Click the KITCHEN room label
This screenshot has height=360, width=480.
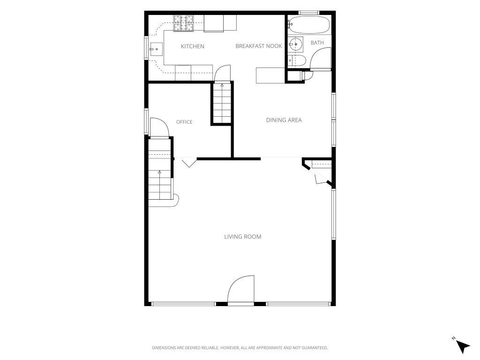192,46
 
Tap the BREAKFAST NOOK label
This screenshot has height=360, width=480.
259,46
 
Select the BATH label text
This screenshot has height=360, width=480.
317,43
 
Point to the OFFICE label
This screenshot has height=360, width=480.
184,122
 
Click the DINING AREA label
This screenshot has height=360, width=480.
284,120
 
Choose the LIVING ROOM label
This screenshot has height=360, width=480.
243,237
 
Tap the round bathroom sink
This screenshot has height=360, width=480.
296,45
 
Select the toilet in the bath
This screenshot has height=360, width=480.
296,60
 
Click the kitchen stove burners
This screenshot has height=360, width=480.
184,23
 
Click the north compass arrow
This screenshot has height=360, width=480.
463,347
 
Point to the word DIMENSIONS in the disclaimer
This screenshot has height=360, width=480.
164,348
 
